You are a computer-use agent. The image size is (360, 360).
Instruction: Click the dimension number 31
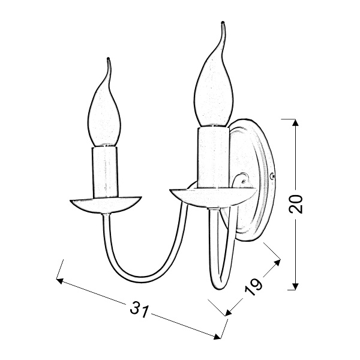pos(140,310)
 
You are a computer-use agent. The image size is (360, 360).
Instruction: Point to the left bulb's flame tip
pos(109,59)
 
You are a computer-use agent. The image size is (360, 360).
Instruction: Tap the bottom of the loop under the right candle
pos(217,287)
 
